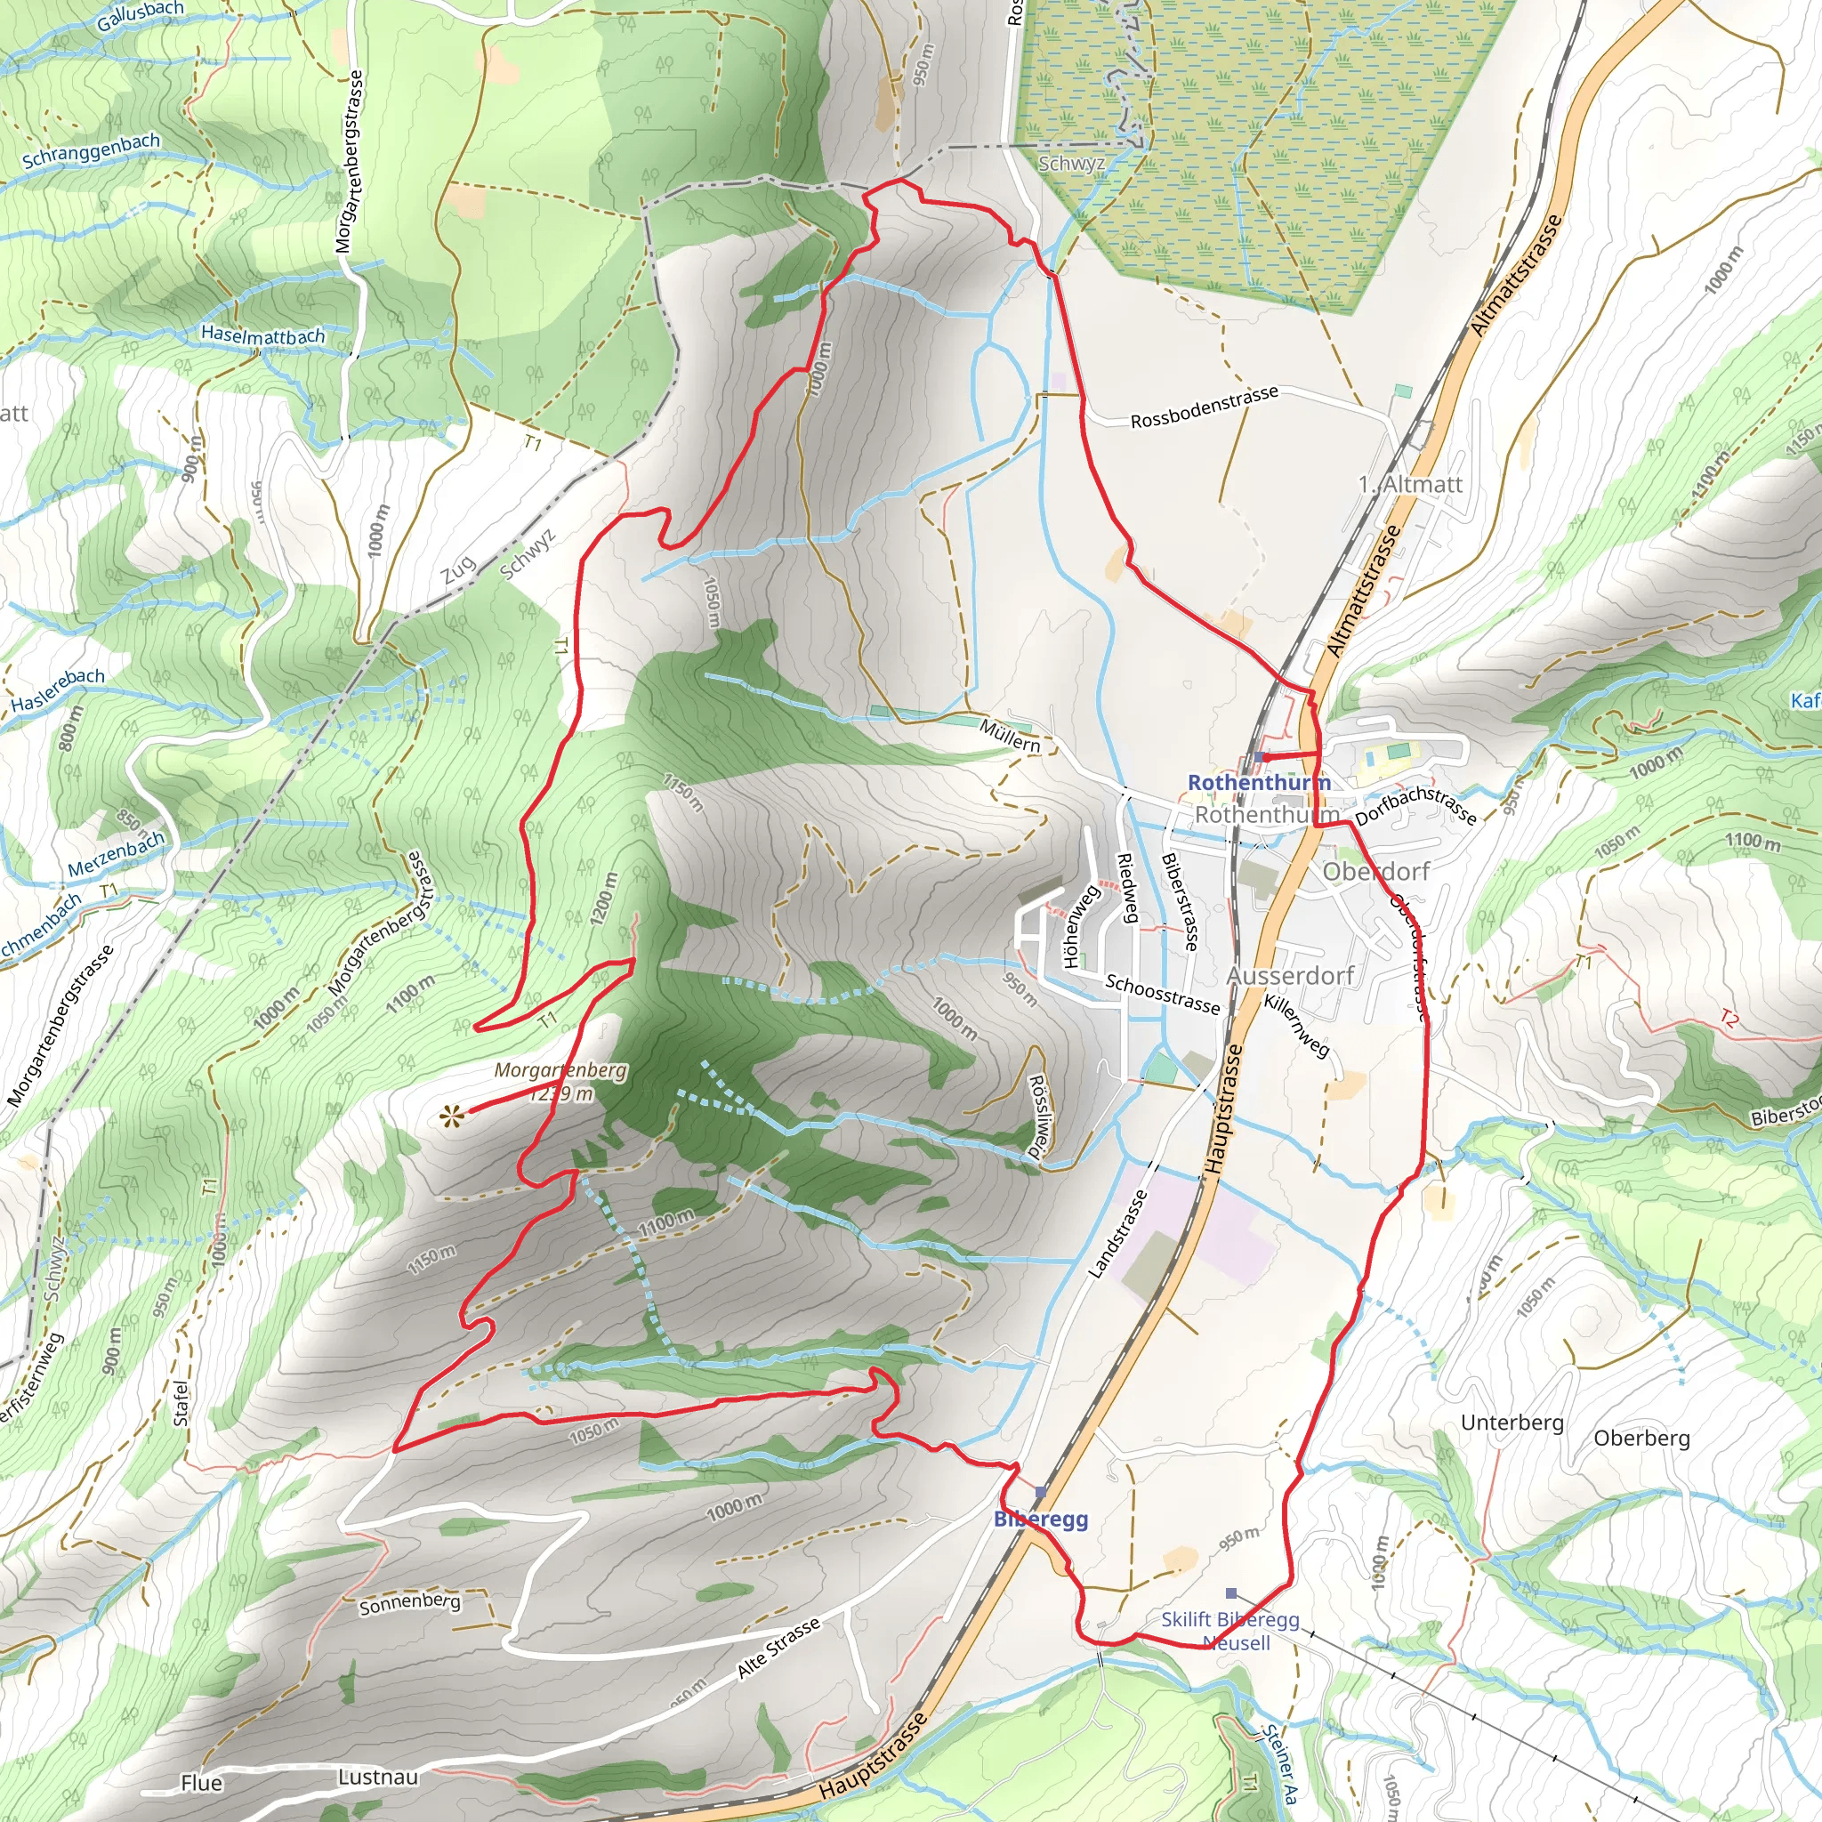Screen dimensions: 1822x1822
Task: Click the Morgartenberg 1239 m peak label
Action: [560, 1082]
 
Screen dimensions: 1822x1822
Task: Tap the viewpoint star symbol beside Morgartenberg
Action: [452, 1118]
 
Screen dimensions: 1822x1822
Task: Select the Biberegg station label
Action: [1041, 1519]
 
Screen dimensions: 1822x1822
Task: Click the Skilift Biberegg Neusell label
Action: [1230, 1631]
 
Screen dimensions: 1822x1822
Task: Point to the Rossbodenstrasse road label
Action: [1205, 407]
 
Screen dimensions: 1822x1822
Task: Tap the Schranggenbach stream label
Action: [92, 151]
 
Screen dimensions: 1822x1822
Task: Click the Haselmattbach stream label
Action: [262, 335]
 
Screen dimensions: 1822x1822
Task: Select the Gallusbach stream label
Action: [140, 15]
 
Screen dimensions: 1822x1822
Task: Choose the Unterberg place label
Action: [1512, 1423]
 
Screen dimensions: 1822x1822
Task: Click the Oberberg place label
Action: [1642, 1439]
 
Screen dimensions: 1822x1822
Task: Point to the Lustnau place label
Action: [378, 1777]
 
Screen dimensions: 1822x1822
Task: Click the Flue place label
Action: [202, 1782]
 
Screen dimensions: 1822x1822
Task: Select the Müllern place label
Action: [1010, 735]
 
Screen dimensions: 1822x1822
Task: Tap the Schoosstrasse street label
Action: [1163, 995]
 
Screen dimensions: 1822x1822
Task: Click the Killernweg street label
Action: [1297, 1026]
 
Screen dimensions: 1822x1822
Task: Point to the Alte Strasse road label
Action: [778, 1648]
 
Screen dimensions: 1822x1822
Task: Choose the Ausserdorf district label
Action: [1290, 975]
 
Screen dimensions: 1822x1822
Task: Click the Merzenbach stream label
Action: [116, 853]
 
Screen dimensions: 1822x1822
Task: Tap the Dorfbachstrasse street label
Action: [1416, 804]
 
